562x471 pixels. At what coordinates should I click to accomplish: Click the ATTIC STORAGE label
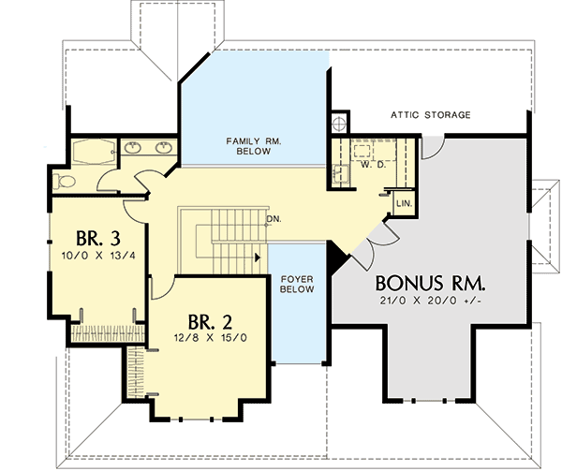[430, 115]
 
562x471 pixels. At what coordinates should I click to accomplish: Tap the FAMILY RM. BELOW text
[254, 145]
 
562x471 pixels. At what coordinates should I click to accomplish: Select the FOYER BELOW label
[296, 285]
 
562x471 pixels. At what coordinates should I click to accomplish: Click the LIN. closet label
[405, 203]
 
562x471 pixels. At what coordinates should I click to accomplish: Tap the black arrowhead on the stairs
[257, 255]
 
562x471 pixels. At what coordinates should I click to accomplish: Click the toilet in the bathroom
[65, 180]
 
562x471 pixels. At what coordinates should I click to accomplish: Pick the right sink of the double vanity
[164, 147]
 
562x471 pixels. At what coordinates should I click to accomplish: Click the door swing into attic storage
[432, 143]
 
